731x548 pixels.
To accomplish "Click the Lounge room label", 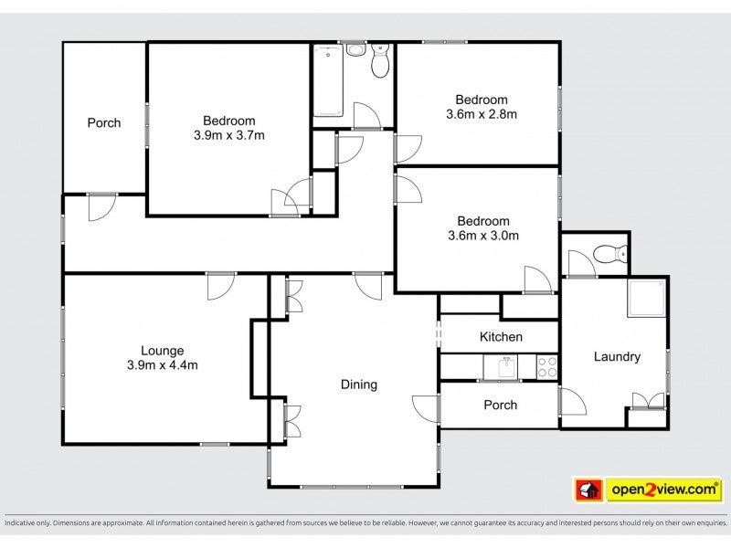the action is click(x=163, y=351).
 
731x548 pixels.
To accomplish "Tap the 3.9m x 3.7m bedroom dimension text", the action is click(x=229, y=135).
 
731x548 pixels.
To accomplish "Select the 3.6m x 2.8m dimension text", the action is click(x=482, y=114).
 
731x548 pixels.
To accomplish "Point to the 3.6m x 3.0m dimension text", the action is click(x=483, y=236).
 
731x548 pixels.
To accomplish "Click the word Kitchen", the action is click(x=501, y=337).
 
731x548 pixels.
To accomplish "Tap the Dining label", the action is click(x=358, y=385).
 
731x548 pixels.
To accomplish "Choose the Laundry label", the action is click(x=617, y=357).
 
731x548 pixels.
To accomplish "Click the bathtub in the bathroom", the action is click(x=329, y=80).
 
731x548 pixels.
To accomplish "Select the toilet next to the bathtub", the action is click(x=380, y=60).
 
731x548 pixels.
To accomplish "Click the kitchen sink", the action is click(x=506, y=367).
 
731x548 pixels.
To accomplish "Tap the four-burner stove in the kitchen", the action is click(x=546, y=367).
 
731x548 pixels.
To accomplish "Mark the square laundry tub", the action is click(x=646, y=299).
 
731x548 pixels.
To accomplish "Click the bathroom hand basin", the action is click(x=356, y=49).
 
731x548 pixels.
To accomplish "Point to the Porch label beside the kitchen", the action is click(x=500, y=405).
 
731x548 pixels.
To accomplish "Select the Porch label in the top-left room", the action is click(x=104, y=123).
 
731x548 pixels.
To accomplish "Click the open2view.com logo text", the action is click(x=664, y=490).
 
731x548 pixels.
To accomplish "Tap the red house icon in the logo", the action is click(x=588, y=490).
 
